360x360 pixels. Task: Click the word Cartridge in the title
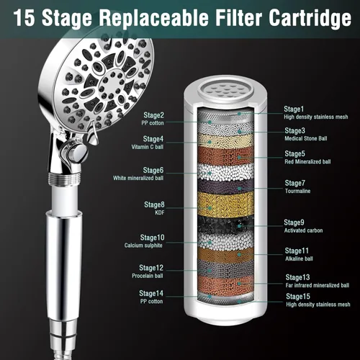pyautogui.click(x=310, y=17)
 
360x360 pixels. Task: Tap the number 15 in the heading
pyautogui.click(x=24, y=17)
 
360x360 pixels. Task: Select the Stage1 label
pyautogui.click(x=294, y=109)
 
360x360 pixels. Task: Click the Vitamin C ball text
pyautogui.click(x=148, y=147)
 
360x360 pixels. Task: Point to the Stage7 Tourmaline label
pyautogui.click(x=297, y=186)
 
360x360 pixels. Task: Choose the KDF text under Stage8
pyautogui.click(x=160, y=212)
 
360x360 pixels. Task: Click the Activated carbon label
pyautogui.click(x=303, y=230)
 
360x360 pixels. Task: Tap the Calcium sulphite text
pyautogui.click(x=143, y=246)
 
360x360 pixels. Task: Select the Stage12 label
pyautogui.click(x=151, y=268)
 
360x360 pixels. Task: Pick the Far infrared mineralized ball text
pyautogui.click(x=318, y=285)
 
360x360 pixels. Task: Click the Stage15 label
pyautogui.click(x=298, y=297)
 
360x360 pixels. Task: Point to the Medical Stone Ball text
pyautogui.click(x=306, y=138)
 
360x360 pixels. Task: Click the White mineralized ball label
pyautogui.click(x=138, y=178)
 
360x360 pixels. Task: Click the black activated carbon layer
pyautogui.click(x=225, y=225)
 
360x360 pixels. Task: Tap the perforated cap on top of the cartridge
pyautogui.click(x=225, y=90)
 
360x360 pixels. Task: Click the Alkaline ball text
pyautogui.click(x=299, y=258)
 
